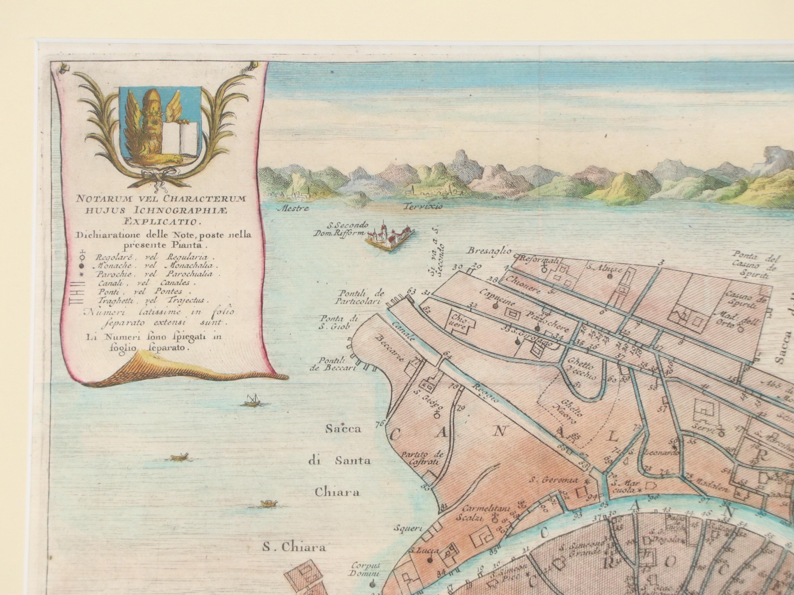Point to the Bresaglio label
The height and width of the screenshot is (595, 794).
click(x=489, y=251)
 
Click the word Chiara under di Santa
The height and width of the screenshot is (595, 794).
click(x=337, y=492)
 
